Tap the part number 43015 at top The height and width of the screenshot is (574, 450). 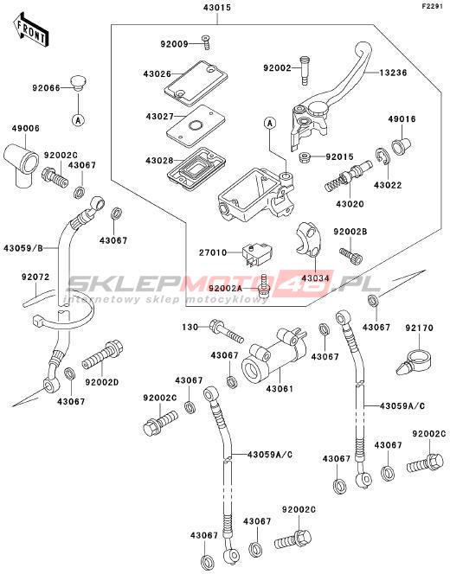pos(217,7)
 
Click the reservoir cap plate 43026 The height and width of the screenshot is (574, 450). pos(196,83)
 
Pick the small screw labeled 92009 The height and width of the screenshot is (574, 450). pos(206,42)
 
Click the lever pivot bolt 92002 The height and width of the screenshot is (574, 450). pos(305,70)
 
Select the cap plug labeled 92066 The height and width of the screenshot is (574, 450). pos(78,84)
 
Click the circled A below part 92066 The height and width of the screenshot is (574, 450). pos(78,119)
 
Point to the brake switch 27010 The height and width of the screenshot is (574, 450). pos(258,253)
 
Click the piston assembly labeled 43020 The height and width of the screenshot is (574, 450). pos(349,175)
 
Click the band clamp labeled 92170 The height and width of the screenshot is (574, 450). pos(415,361)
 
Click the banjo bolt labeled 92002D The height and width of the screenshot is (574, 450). pos(102,354)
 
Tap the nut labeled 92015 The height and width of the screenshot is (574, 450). pos(305,158)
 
